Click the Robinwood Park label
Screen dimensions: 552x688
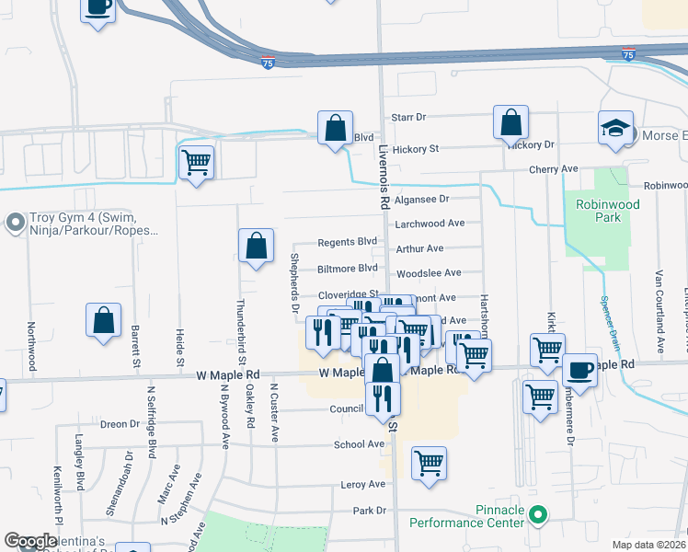tap(599, 211)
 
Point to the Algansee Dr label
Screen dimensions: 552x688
tap(421, 199)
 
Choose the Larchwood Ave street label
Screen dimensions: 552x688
tap(430, 224)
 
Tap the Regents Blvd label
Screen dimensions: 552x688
tap(348, 242)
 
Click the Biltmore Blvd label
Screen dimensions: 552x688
tap(348, 268)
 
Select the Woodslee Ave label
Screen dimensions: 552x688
tap(428, 273)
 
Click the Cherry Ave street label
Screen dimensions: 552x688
tap(553, 169)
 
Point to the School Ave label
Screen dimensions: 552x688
tap(359, 444)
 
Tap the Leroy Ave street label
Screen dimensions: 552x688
tap(362, 484)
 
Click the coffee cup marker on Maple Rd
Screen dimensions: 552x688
tap(579, 370)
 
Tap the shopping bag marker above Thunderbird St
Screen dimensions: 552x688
tap(257, 246)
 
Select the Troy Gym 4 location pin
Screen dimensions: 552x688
tap(15, 223)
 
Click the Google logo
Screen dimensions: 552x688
tap(30, 541)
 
